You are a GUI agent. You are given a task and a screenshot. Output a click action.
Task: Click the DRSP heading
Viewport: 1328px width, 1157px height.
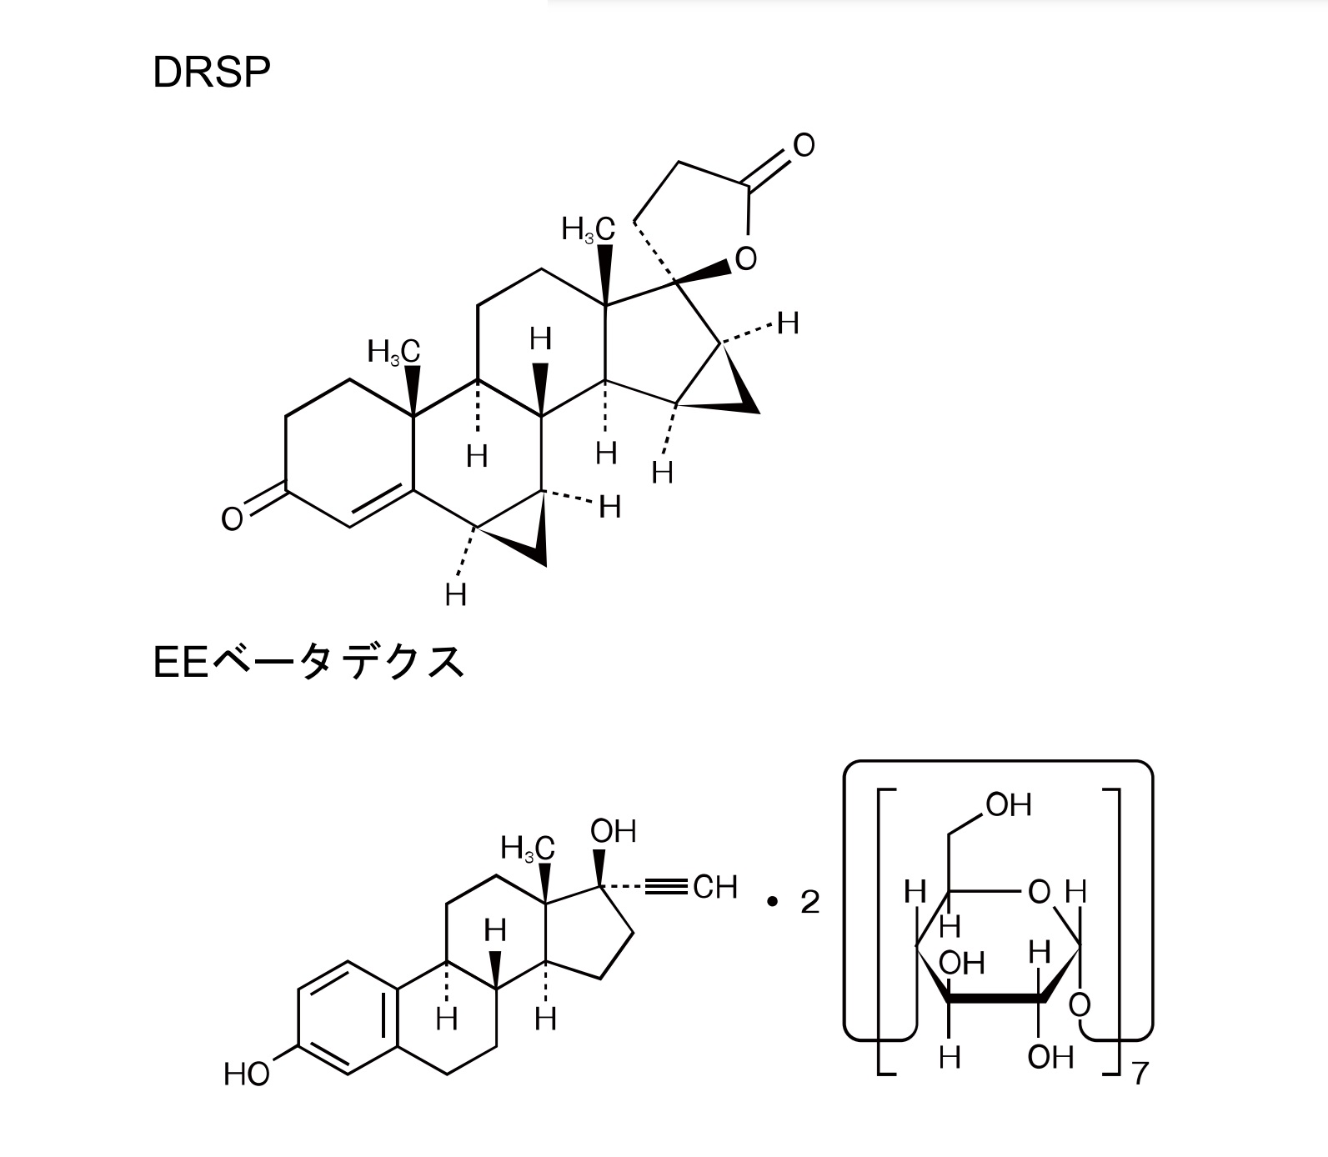(212, 73)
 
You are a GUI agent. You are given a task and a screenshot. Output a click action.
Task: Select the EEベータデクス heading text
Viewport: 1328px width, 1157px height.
(308, 663)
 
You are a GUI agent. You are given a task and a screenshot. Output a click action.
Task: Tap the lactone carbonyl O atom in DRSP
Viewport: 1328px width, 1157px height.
(804, 145)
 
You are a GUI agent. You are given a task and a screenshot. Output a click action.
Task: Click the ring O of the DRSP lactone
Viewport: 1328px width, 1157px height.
(746, 258)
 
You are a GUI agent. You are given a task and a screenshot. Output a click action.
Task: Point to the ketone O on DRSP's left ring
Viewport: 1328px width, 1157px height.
(232, 518)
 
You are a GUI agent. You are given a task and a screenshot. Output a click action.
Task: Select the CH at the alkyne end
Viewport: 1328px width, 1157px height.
(715, 887)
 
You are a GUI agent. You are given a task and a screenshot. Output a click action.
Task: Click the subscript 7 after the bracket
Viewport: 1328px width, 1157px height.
(1140, 1074)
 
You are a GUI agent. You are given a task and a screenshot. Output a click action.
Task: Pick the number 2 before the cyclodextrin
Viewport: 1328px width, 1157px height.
(809, 902)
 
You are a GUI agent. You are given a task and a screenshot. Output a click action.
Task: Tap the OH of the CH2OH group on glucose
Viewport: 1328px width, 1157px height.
(1009, 804)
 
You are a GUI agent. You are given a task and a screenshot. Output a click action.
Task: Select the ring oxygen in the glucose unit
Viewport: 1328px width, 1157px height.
(1040, 892)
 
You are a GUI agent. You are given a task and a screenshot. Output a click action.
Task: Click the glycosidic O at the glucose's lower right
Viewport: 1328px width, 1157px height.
(1080, 1004)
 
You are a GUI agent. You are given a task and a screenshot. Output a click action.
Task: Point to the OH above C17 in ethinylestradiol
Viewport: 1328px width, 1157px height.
(614, 831)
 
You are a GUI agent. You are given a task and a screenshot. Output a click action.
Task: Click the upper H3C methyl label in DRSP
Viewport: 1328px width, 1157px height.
(588, 229)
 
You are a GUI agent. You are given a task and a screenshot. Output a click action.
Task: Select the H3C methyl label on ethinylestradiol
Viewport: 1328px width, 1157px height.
(528, 849)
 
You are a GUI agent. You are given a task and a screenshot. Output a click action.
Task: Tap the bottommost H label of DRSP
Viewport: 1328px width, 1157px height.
(455, 595)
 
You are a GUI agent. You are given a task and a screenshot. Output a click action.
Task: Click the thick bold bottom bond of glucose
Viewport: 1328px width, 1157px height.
(995, 997)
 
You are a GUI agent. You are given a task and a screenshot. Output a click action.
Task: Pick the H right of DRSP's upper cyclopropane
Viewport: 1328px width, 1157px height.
(788, 323)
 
